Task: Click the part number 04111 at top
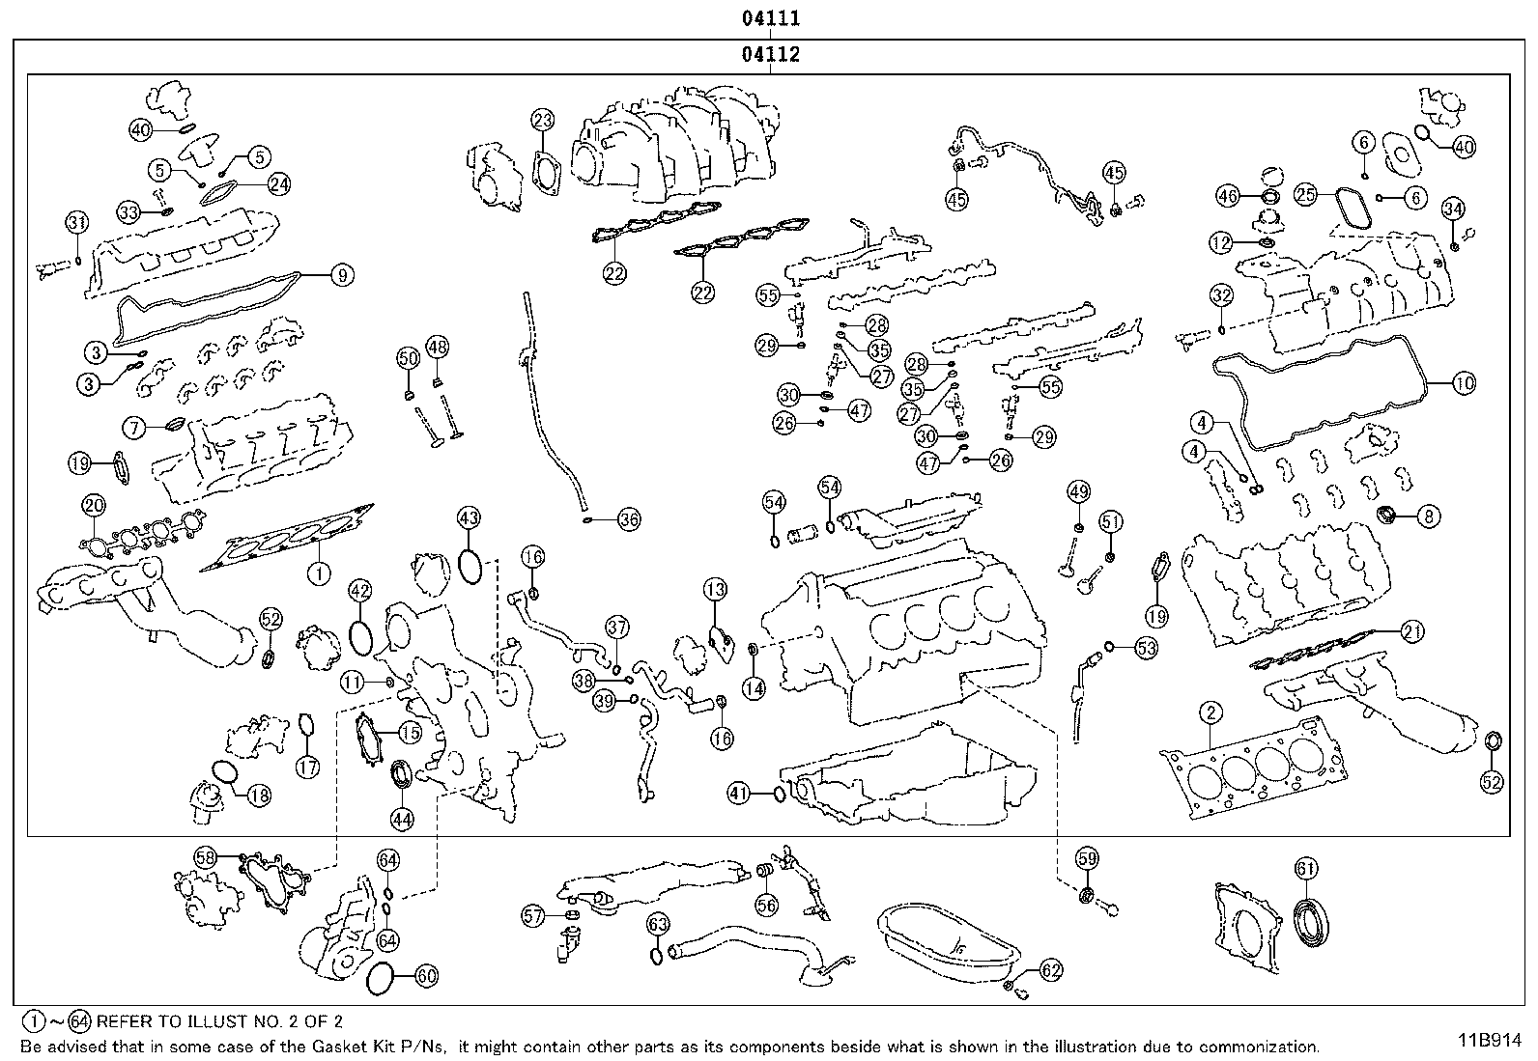[x=770, y=18]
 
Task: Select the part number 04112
[x=770, y=55]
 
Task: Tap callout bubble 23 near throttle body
[x=543, y=121]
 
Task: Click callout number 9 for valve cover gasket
[x=340, y=275]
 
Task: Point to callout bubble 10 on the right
[x=1464, y=383]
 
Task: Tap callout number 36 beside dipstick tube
[x=628, y=520]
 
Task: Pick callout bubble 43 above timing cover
[x=469, y=518]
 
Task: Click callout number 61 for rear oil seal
[x=1305, y=869]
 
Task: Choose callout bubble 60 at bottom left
[x=426, y=976]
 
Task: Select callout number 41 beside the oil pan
[x=739, y=794]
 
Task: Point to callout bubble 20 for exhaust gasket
[x=94, y=504]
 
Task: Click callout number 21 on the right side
[x=1412, y=632]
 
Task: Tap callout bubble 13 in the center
[x=715, y=589]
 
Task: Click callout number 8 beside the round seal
[x=1429, y=517]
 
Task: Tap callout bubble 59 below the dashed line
[x=1088, y=857]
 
